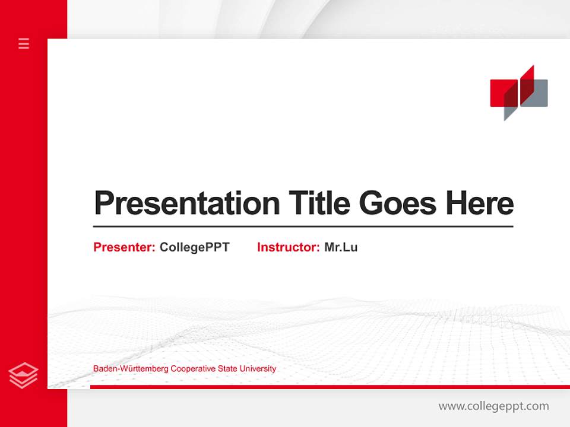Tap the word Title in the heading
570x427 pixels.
click(x=319, y=203)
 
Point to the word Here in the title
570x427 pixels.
click(x=480, y=203)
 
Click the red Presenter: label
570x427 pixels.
click(x=124, y=247)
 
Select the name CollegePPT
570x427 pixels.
click(x=194, y=247)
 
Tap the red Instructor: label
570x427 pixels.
click(x=288, y=247)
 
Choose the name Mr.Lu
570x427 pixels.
click(x=341, y=247)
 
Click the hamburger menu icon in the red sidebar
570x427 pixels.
click(x=24, y=43)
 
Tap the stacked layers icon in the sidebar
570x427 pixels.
click(x=24, y=375)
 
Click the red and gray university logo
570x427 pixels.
click(x=518, y=93)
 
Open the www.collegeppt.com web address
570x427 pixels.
click(x=493, y=406)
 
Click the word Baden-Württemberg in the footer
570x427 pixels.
click(x=131, y=369)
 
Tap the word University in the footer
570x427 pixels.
click(x=256, y=369)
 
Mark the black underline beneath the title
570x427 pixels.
click(x=303, y=227)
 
